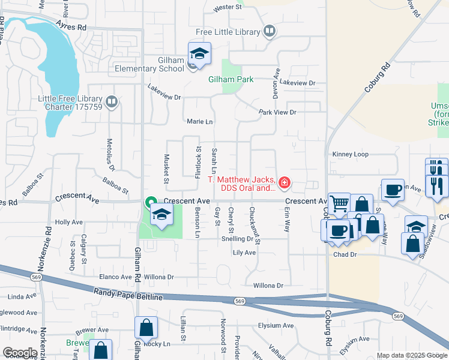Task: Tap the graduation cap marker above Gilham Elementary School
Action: (199, 53)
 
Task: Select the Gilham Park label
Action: (231, 79)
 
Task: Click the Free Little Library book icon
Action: (270, 31)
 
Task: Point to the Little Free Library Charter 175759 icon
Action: (111, 103)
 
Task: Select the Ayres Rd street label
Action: (71, 27)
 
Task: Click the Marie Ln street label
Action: (200, 122)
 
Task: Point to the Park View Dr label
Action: (277, 112)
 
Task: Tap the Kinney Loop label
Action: (350, 154)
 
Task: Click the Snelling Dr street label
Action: (237, 238)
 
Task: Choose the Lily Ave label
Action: (244, 253)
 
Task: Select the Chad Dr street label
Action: (345, 255)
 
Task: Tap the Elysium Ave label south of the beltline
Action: (276, 326)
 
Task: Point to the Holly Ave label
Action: (68, 222)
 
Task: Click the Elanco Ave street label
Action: (115, 277)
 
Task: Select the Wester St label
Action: (228, 8)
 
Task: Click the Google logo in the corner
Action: (20, 353)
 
